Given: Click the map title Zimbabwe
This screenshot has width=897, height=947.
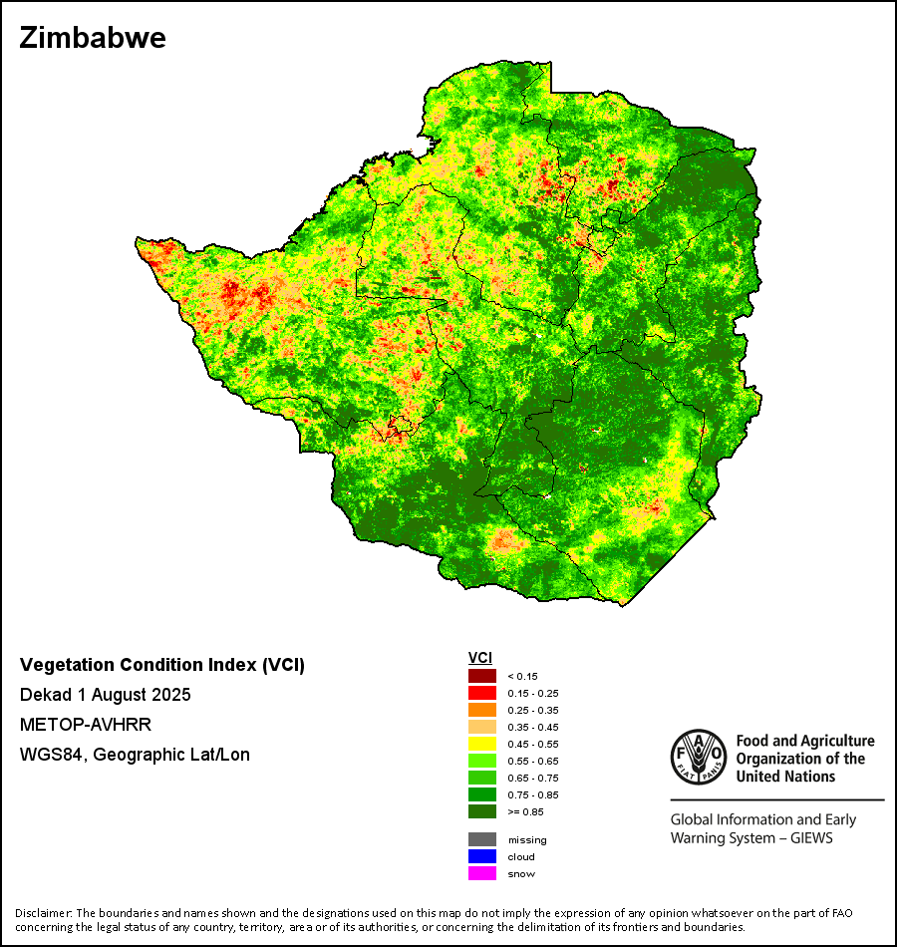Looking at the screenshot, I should (x=93, y=39).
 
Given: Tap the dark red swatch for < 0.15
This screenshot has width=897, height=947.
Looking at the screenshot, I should (x=482, y=676).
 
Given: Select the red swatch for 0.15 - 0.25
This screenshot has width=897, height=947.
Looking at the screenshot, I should (x=482, y=693).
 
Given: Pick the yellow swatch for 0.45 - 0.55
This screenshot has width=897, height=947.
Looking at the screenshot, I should (x=482, y=744).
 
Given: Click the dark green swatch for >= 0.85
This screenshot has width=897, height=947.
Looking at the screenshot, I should (x=482, y=811).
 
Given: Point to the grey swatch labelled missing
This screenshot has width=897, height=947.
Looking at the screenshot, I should (x=482, y=839).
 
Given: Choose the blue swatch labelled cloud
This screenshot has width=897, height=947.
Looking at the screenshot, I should (x=482, y=856).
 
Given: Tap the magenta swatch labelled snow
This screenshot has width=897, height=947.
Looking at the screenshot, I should (x=482, y=873).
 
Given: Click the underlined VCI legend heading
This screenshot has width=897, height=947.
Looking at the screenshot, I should (x=479, y=658).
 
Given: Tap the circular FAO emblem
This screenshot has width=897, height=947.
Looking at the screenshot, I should (x=697, y=757).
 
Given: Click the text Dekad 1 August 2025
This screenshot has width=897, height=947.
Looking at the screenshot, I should (x=106, y=695).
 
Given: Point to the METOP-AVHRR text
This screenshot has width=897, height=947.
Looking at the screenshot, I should (x=86, y=725).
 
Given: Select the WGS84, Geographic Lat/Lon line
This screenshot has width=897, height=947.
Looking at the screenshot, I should (x=135, y=755).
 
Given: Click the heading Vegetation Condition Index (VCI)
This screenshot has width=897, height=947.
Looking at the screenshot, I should (x=162, y=665).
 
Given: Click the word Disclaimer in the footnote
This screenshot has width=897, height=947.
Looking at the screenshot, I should (x=43, y=913).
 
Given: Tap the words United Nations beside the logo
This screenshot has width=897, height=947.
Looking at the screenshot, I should (x=785, y=776).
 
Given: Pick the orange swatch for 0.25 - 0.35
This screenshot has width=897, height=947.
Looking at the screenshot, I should (x=482, y=710).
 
